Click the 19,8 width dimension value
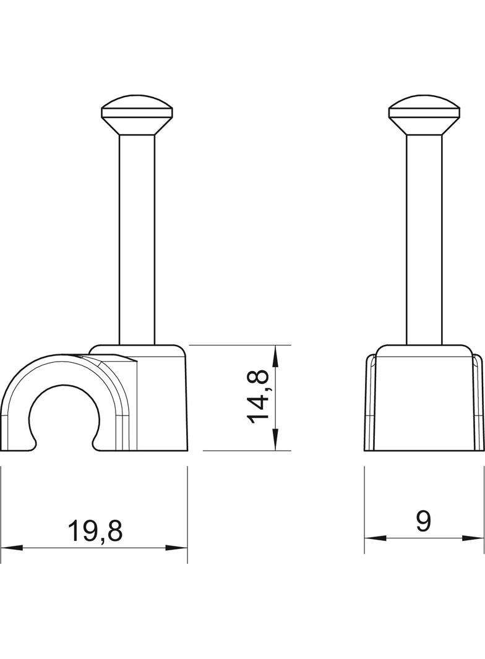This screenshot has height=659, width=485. pos(95,531)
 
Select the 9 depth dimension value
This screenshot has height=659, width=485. pos(424,522)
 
